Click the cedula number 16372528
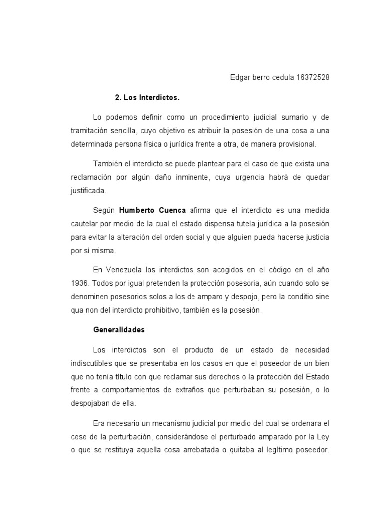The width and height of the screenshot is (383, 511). point(313,77)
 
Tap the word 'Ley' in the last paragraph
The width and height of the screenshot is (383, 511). point(324,436)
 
